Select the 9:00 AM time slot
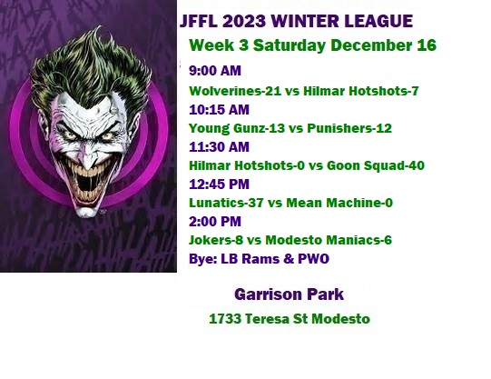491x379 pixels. [215, 71]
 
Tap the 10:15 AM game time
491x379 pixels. [220, 110]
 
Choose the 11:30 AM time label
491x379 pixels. [220, 146]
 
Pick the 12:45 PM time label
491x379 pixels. [220, 184]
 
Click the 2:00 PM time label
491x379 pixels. [215, 222]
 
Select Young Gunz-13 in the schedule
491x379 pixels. [237, 128]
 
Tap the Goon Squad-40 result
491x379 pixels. [376, 165]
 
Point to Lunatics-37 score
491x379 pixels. [226, 203]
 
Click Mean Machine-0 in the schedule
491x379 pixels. [339, 203]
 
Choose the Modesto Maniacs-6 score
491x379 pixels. [329, 240]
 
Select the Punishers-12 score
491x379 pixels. [349, 128]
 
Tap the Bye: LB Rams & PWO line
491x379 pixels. [259, 259]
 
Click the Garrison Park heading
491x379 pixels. [289, 294]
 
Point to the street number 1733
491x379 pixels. [225, 319]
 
